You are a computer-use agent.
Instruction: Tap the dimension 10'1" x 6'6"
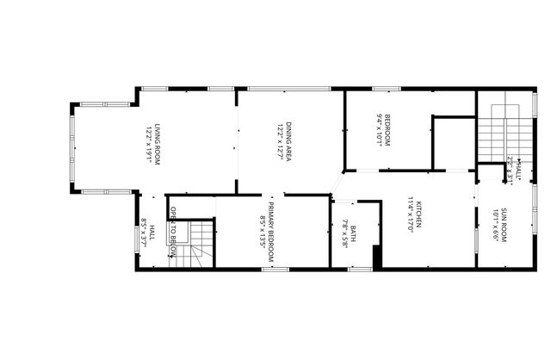(496, 226)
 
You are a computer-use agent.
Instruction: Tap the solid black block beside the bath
(377, 258)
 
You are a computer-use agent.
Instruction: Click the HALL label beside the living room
(152, 233)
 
